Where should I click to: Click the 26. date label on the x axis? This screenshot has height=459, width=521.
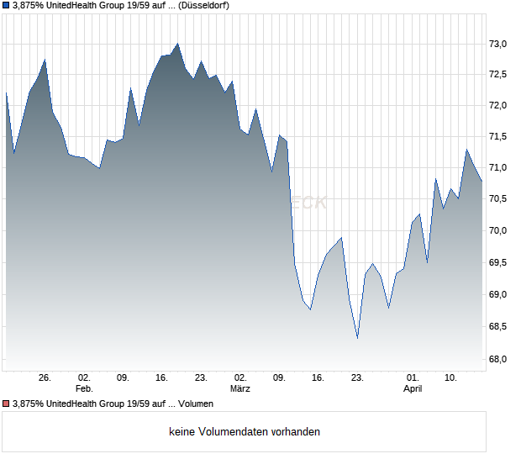pyautogui.click(x=45, y=377)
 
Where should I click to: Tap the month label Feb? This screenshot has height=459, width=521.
pyautogui.click(x=83, y=389)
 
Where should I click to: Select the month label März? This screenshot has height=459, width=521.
pyautogui.click(x=240, y=389)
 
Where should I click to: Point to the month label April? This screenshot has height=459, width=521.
pyautogui.click(x=413, y=389)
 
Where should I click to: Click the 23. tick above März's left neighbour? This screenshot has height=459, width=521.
pyautogui.click(x=201, y=377)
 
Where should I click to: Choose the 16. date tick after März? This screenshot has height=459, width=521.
pyautogui.click(x=318, y=377)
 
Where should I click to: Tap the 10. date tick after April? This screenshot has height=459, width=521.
pyautogui.click(x=450, y=377)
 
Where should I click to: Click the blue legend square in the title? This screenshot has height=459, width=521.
pyautogui.click(x=6, y=5)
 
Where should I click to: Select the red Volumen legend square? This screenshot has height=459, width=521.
pyautogui.click(x=6, y=404)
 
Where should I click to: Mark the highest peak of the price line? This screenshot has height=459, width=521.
pyautogui.click(x=177, y=44)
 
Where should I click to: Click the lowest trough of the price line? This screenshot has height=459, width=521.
pyautogui.click(x=357, y=338)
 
